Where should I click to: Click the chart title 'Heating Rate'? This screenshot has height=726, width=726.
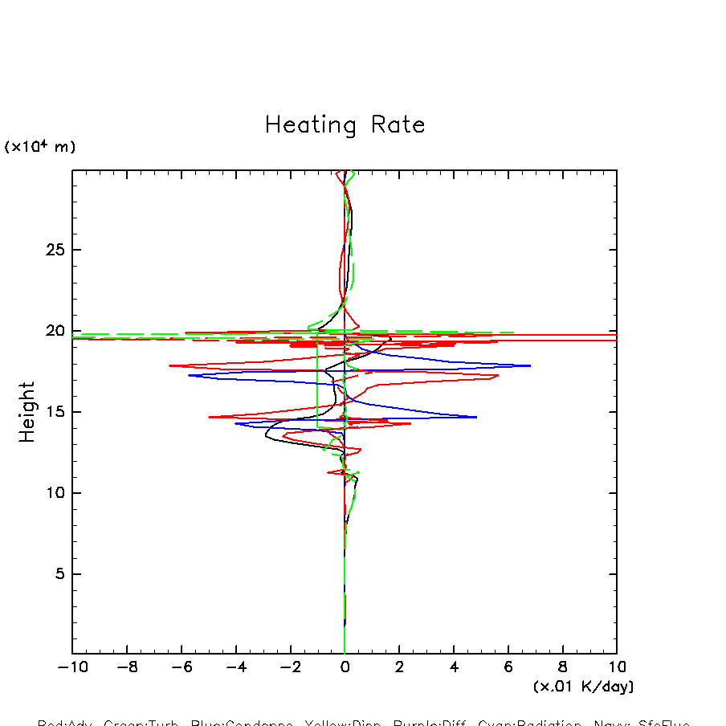point(345,125)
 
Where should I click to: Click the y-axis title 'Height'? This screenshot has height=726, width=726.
point(27,412)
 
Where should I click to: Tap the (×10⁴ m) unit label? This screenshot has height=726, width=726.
point(40,147)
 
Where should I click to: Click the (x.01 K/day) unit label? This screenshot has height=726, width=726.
point(583,687)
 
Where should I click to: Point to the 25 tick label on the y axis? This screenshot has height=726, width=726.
point(54,250)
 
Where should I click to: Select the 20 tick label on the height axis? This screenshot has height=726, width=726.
point(54,331)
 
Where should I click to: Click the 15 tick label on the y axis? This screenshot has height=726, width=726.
point(54,412)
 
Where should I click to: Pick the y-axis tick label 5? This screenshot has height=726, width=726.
point(59,574)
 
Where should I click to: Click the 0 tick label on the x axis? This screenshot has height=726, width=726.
point(345,667)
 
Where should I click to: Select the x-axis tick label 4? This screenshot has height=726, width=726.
point(454,667)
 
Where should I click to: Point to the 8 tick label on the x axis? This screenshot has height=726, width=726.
point(562,667)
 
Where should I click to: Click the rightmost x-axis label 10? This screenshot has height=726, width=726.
point(617,667)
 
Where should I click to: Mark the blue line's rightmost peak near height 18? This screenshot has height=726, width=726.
point(530,365)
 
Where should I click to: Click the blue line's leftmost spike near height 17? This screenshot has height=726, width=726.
point(190,375)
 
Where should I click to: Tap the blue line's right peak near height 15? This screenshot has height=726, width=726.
point(476,417)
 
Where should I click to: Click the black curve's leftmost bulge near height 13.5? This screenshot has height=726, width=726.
point(266,436)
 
